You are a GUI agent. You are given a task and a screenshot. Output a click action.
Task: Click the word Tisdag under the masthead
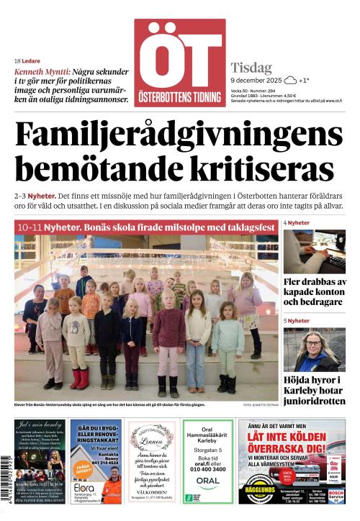pos(248,66)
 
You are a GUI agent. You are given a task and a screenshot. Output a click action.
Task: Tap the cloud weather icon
pos(290,81)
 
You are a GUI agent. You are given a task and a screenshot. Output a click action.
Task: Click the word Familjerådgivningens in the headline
pos(179,135)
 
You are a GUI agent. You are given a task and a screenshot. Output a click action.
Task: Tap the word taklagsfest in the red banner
pos(248,227)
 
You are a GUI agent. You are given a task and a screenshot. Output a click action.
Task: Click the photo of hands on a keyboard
pos(314,251)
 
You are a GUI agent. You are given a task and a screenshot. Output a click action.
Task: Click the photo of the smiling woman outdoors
pos(314,350)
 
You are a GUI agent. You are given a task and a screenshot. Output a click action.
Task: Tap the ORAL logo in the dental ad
pos(208,481)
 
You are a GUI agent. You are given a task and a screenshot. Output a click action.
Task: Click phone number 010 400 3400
pos(208,469)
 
